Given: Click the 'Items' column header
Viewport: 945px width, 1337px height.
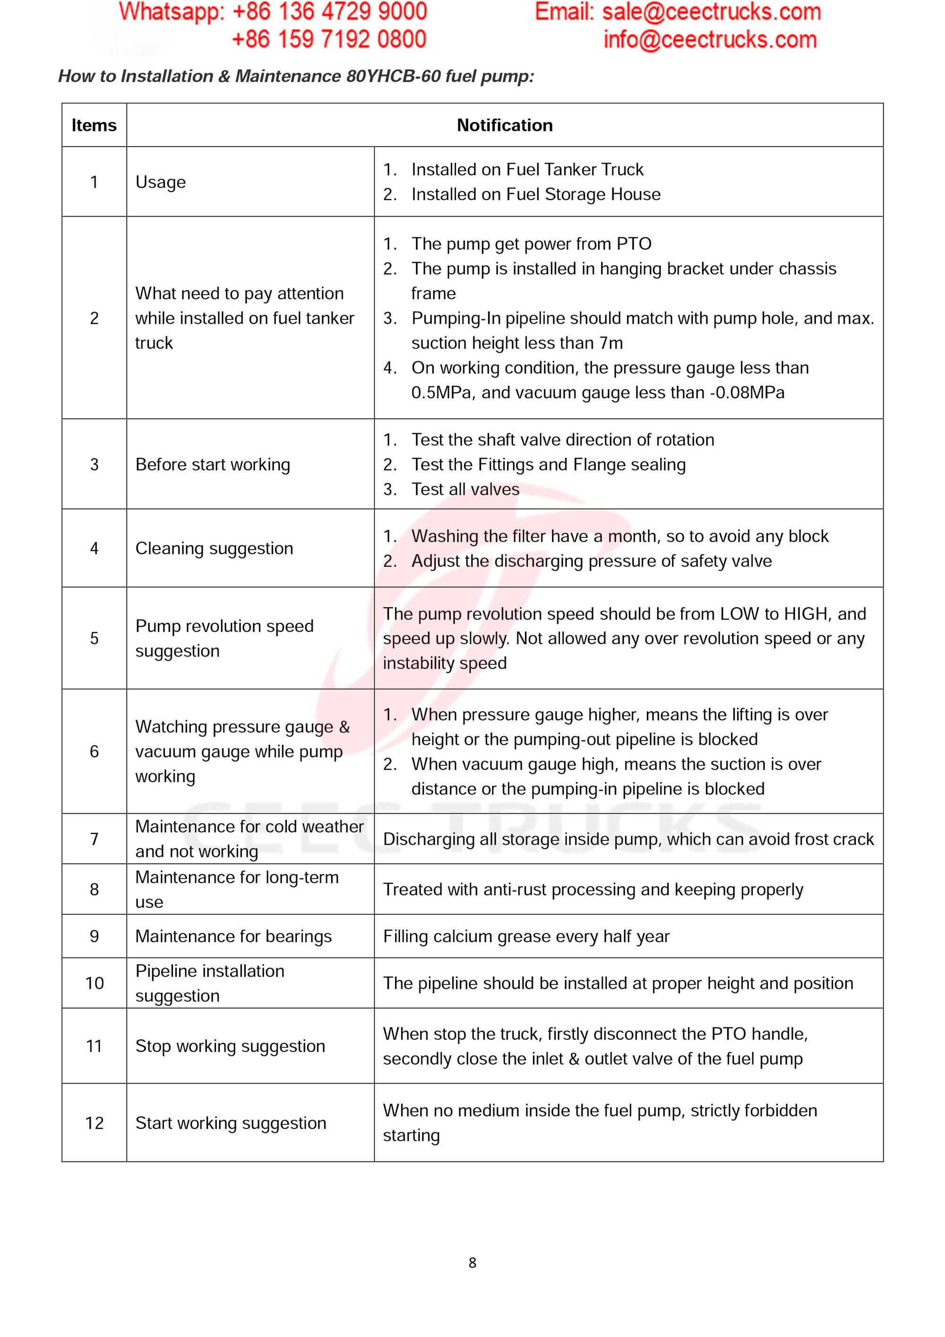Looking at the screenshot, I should pyautogui.click(x=94, y=125).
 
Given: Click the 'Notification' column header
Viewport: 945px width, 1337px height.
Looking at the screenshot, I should pyautogui.click(x=504, y=125).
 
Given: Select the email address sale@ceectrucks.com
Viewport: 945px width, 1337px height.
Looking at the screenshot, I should pyautogui.click(x=711, y=12).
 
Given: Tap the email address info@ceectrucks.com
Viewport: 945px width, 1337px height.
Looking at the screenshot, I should pyautogui.click(x=710, y=40).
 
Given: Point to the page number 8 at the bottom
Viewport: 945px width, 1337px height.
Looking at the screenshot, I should pyautogui.click(x=472, y=1262).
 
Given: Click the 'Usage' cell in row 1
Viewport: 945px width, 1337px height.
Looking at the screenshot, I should pyautogui.click(x=161, y=182).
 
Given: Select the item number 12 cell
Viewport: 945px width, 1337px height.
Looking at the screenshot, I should pyautogui.click(x=94, y=1123).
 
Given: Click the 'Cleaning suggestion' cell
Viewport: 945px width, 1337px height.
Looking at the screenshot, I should pyautogui.click(x=214, y=549).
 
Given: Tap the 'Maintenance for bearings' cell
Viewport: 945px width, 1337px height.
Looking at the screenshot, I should pyautogui.click(x=233, y=936).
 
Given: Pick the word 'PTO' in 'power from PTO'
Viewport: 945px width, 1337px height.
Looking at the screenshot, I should pyautogui.click(x=634, y=244).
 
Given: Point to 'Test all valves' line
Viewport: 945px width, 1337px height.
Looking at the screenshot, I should pyautogui.click(x=465, y=489).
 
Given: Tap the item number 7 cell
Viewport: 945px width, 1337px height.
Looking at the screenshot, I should pyautogui.click(x=94, y=839).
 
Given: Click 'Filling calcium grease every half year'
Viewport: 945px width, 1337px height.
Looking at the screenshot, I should pyautogui.click(x=526, y=936).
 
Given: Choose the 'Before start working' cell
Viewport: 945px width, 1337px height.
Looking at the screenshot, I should pyautogui.click(x=213, y=465).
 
